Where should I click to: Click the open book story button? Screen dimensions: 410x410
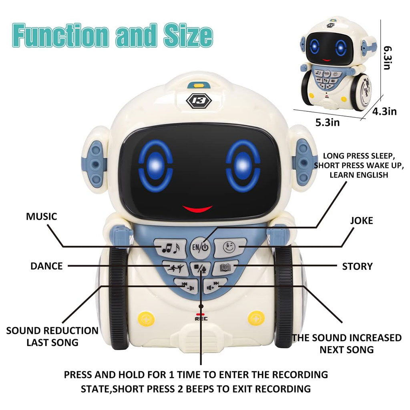click(x=223, y=266)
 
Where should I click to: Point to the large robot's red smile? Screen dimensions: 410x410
click(x=197, y=209)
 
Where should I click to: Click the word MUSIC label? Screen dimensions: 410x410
click(x=42, y=217)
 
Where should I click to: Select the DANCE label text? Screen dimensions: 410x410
click(x=46, y=266)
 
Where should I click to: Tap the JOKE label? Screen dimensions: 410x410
click(x=361, y=221)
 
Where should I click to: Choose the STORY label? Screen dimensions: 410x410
click(x=357, y=266)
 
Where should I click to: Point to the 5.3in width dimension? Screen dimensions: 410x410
click(x=327, y=123)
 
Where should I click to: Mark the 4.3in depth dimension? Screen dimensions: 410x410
click(x=384, y=112)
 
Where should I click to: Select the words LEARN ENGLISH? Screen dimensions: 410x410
click(x=358, y=175)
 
